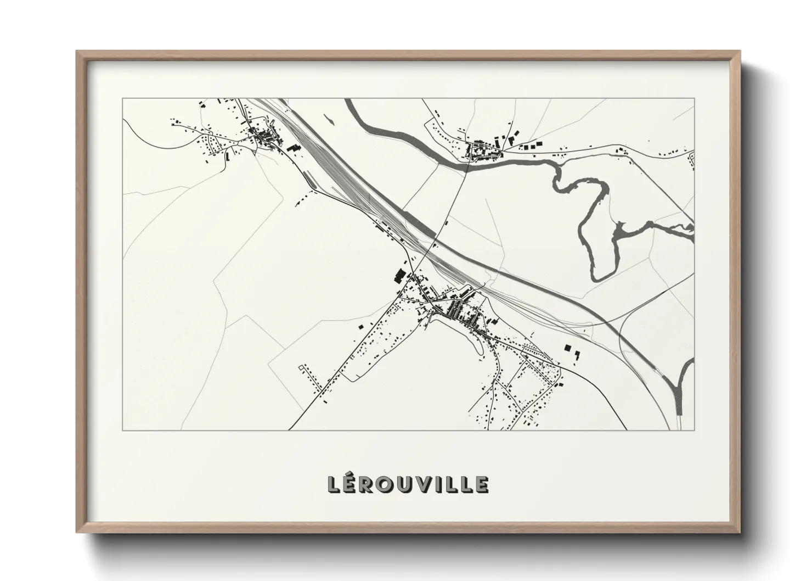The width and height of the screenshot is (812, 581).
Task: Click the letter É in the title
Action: [x=352, y=484]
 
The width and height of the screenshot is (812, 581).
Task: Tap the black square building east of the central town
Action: [x=567, y=347]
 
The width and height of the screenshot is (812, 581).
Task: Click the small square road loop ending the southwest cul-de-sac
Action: [x=301, y=366]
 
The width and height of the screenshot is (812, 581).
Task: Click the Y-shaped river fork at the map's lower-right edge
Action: [x=680, y=384]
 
